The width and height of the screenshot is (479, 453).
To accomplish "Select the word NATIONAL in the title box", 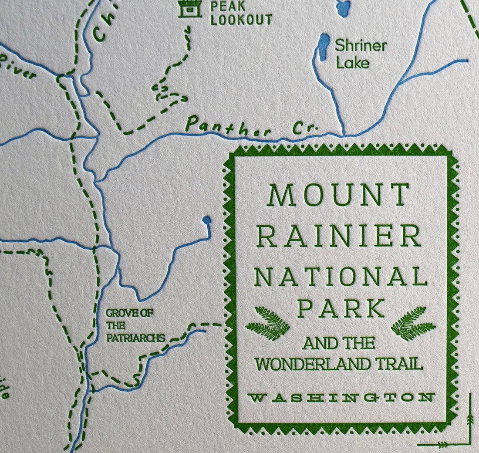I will pyautogui.click(x=340, y=277).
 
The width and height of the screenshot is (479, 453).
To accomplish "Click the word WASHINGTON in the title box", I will pyautogui.click(x=341, y=397).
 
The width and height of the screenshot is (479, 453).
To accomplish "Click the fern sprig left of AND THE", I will pyautogui.click(x=268, y=324).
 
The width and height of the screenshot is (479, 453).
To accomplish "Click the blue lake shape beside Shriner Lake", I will pyautogui.click(x=324, y=47).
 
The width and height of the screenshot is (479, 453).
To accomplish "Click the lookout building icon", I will pyautogui.click(x=190, y=8).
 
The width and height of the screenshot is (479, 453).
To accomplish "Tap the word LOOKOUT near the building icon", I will pyautogui.click(x=241, y=20).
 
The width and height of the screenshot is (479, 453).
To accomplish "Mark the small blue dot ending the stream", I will pyautogui.click(x=206, y=220).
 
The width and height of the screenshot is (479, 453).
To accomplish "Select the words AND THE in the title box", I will pyautogui.click(x=338, y=344).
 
